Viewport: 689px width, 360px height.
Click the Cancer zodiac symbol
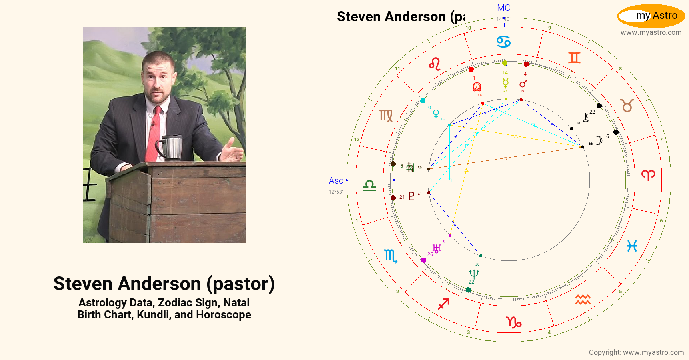503,42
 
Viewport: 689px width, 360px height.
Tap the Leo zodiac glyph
435,64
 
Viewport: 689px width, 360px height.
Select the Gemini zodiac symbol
574,58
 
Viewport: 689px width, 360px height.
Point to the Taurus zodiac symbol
627,106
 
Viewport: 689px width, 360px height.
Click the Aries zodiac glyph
648,175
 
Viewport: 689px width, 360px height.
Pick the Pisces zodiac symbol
632,246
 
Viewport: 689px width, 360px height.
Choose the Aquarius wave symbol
583,300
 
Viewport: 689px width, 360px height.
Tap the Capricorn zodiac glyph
514,322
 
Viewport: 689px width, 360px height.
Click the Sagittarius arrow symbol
443,304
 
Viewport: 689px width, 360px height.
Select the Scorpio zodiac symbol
390,256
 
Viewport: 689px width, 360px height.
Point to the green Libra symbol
369,186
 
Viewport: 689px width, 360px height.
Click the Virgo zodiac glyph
386,116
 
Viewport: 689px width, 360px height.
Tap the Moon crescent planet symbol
599,140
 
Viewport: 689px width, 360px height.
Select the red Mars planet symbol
523,84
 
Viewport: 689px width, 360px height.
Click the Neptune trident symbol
474,274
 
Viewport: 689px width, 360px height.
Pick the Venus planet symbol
436,114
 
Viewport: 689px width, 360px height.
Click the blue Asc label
336,181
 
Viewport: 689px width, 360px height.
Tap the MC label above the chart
503,8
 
